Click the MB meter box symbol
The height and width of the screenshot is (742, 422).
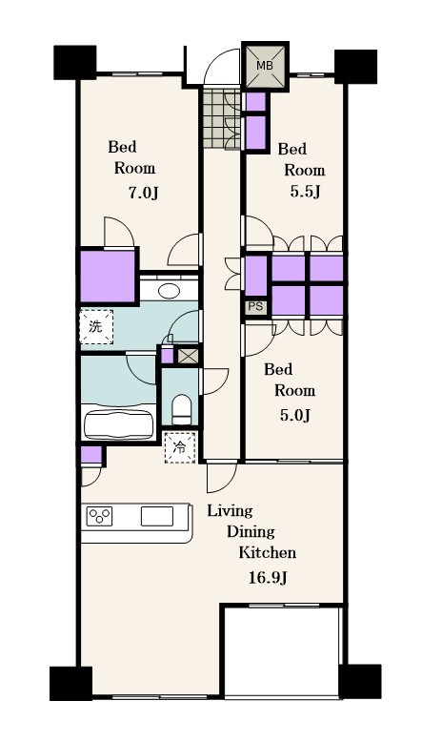[x=265, y=66]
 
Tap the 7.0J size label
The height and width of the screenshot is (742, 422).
[x=143, y=193]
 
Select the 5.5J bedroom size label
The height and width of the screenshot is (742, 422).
[x=305, y=192]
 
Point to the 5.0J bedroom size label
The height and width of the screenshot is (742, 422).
[x=294, y=415]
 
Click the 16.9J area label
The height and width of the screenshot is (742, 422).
[x=268, y=578]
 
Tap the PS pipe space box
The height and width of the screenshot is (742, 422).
[x=255, y=307]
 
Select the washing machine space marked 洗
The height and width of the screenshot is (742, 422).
[x=96, y=326]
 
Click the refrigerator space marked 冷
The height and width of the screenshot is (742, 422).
[x=180, y=447]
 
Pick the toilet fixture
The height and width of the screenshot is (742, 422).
[x=181, y=410]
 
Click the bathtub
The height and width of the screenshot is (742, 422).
[x=119, y=422]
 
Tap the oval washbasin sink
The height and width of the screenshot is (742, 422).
[x=169, y=290]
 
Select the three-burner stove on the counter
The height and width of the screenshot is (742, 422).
[x=99, y=516]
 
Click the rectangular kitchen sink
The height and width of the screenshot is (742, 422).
[x=157, y=516]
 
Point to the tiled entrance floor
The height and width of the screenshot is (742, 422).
[x=223, y=117]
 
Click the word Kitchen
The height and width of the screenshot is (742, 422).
[x=267, y=552]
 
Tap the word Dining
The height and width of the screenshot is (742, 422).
[x=251, y=531]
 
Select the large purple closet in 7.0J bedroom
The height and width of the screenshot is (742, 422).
[x=108, y=277]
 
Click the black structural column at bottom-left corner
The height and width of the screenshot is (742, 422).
[x=70, y=683]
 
